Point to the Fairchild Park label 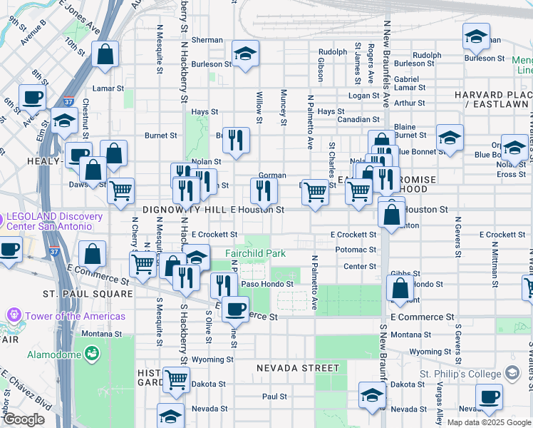pos(255,253)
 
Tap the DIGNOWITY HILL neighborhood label pos(184,210)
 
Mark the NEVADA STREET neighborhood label pos(299,368)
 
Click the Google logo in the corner pos(24,419)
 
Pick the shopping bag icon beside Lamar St pos(105,53)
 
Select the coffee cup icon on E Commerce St pos(235,310)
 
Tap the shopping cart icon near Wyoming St pos(175,379)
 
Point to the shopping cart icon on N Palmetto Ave pos(315,191)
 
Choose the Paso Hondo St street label pos(267,284)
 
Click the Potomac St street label pos(356,250)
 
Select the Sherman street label pos(207,40)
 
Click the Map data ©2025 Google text pos(488,422)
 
